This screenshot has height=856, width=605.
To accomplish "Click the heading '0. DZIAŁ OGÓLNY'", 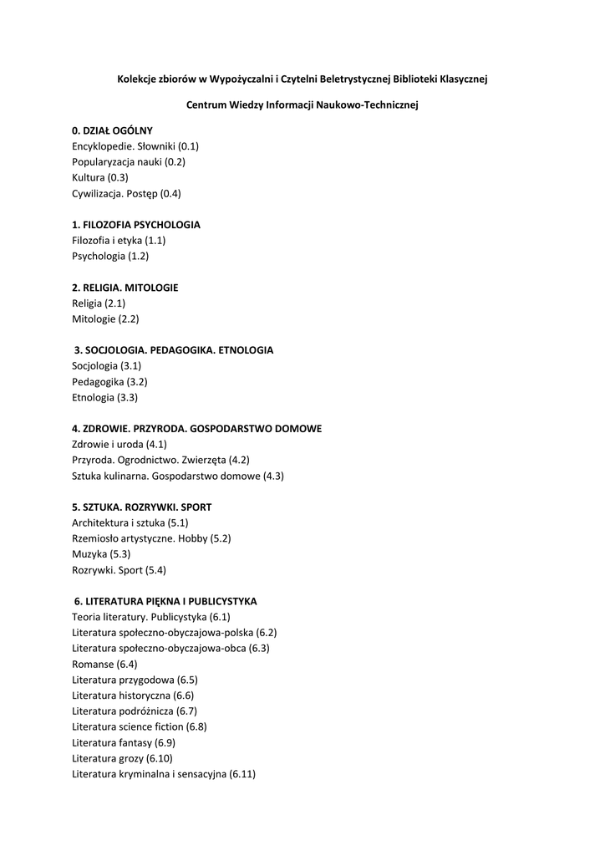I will (x=112, y=130).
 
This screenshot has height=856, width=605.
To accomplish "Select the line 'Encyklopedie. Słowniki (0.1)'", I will (x=135, y=146).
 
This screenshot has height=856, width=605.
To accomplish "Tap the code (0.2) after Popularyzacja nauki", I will (x=174, y=162).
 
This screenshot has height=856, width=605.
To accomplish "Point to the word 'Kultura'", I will (x=88, y=178).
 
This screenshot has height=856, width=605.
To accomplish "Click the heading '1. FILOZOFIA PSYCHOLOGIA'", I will (x=136, y=225).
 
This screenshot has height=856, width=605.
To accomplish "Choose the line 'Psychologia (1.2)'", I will (x=110, y=257).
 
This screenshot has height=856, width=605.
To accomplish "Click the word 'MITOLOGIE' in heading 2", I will (x=153, y=288).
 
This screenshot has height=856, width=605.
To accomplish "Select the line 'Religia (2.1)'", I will (x=99, y=303).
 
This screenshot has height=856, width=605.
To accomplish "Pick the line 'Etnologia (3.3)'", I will (x=105, y=398).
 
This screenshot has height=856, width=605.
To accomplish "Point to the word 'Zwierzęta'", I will (x=206, y=460).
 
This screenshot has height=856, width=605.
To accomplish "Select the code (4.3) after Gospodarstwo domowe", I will (x=273, y=476).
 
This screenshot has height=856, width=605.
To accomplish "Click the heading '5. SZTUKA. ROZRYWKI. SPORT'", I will (x=141, y=507).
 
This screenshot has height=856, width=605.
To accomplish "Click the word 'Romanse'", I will (x=93, y=665).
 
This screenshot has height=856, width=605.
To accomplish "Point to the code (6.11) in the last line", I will (x=242, y=775).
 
